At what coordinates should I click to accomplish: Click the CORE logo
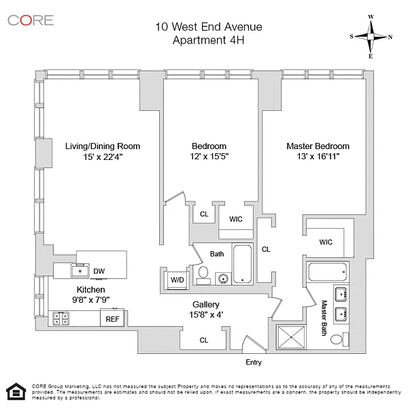point(31,20)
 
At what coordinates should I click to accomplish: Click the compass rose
point(371,37)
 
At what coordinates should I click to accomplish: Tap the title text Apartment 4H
point(208,40)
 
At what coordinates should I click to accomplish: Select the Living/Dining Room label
point(103,146)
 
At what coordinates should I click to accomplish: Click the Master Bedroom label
point(318,146)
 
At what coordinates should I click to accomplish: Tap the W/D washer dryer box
point(177,280)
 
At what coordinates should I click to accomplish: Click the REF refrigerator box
point(112,318)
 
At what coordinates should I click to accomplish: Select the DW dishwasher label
point(99,271)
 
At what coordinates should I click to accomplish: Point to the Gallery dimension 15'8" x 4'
point(205,314)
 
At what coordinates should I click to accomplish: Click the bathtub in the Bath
point(243,265)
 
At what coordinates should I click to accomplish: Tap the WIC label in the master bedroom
point(326,242)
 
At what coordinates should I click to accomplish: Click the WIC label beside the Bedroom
point(236,219)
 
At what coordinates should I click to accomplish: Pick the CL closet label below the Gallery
point(204,340)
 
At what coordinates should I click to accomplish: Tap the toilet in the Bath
point(203,274)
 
